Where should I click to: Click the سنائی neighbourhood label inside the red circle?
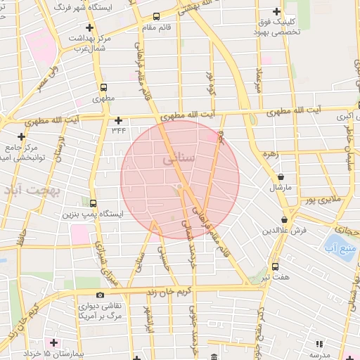(179, 160)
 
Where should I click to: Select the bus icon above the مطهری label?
(104, 89)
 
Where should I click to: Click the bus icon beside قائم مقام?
(155, 16)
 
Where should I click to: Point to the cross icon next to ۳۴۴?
(118, 120)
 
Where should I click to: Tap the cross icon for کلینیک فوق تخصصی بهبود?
(277, 12)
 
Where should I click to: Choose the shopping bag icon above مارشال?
(282, 177)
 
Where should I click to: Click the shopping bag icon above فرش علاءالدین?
(284, 219)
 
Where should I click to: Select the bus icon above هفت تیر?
(274, 266)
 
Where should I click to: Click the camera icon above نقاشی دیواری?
(101, 294)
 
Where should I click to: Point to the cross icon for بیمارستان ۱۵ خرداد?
(53, 342)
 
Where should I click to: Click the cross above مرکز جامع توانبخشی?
(22, 136)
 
